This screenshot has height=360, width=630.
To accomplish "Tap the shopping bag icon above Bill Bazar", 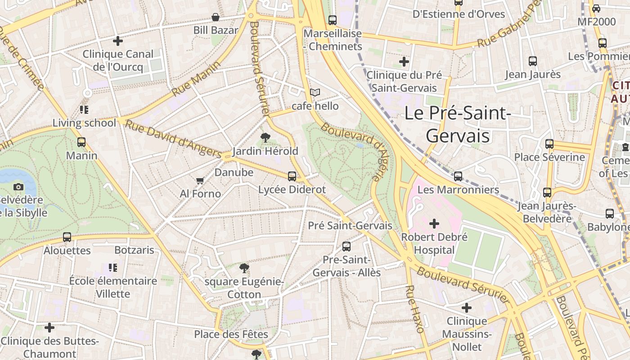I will click(x=216, y=18).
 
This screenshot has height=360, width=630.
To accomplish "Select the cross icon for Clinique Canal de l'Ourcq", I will click(x=118, y=41).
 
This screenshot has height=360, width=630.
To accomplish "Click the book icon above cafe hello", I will click(x=315, y=93).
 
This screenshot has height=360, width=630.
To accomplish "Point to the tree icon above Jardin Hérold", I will click(x=265, y=137).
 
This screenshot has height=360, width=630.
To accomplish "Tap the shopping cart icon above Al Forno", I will click(x=200, y=181).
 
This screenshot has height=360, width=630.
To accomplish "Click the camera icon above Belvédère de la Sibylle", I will click(x=18, y=187).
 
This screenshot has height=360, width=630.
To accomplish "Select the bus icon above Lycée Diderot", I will click(x=292, y=176).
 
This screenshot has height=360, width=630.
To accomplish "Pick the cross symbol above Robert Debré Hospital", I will click(x=434, y=223).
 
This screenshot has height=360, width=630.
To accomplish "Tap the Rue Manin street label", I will click(x=196, y=78).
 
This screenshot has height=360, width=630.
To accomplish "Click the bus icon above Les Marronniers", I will click(x=458, y=176).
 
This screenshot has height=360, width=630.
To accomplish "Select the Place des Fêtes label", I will click(x=231, y=334).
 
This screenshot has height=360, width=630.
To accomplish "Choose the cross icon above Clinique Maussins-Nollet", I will click(x=467, y=308).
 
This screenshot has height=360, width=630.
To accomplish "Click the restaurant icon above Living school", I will click(x=84, y=109).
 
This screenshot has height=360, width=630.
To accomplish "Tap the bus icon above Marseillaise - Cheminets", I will click(x=333, y=20).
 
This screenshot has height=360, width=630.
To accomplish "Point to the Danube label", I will click(x=234, y=172).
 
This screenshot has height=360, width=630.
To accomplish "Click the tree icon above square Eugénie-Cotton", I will click(x=244, y=269).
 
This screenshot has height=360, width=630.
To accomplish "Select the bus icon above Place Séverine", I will click(x=549, y=144).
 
